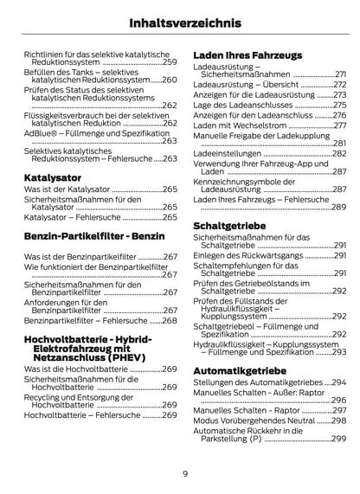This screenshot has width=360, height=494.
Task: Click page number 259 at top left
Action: tap(170, 63)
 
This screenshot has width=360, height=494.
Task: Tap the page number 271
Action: tap(341, 74)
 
